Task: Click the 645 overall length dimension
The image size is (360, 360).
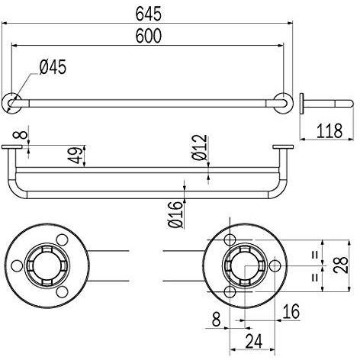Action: [148, 14]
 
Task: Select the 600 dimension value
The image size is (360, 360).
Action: [148, 36]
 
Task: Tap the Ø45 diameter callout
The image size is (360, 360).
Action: [53, 67]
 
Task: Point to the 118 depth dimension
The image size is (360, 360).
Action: [329, 131]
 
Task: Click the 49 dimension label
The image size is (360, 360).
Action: [76, 155]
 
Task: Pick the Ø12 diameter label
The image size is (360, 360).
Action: [200, 147]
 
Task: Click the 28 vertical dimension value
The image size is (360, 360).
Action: [341, 265]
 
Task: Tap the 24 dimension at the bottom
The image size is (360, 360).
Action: [254, 341]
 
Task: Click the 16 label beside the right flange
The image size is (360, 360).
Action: [291, 312]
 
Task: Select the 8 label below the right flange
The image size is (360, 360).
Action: [216, 320]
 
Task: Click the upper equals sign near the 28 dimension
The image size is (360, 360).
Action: [315, 255]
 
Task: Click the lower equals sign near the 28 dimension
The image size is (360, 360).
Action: [315, 277]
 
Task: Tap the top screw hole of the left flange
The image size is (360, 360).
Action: [62, 239]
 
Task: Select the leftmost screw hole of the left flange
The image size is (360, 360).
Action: [17, 266]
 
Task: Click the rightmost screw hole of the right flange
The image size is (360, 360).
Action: [275, 266]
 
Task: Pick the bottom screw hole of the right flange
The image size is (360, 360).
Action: [230, 292]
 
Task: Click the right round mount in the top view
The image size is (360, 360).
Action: [283, 103]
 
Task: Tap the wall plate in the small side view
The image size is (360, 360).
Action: [302, 104]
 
